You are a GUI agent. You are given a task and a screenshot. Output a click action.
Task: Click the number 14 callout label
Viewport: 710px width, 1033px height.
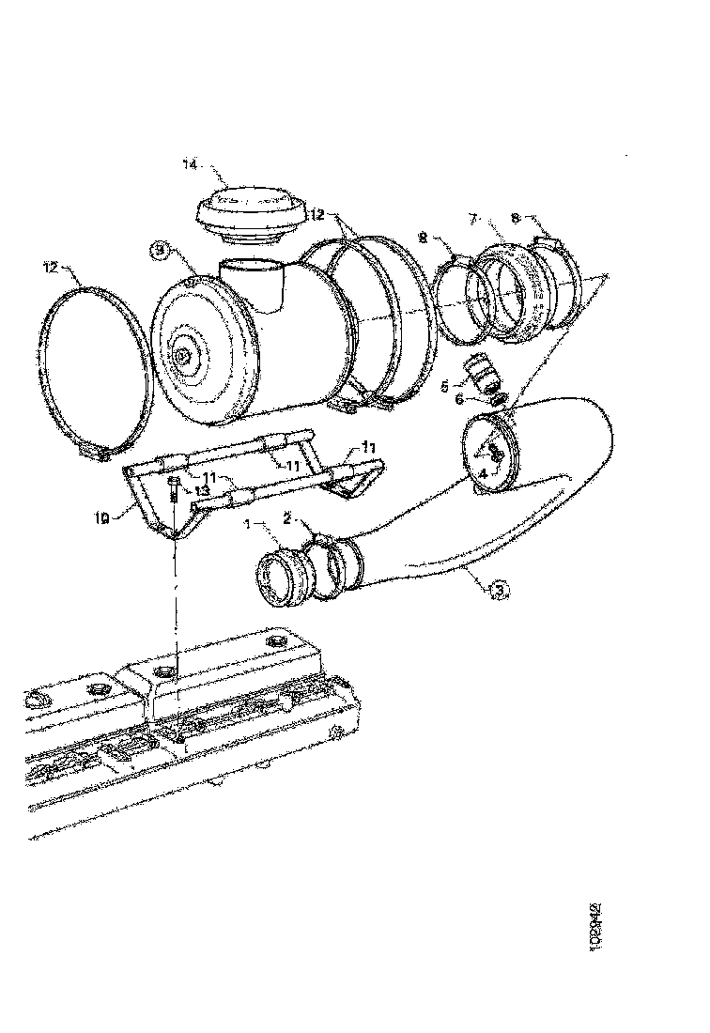(x=190, y=165)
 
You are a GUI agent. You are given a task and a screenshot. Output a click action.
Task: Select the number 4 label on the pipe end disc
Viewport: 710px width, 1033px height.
(x=483, y=475)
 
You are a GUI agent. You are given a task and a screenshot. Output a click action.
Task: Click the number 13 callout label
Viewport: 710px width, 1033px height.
(x=201, y=490)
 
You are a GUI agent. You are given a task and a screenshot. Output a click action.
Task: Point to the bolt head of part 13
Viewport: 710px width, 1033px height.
(x=176, y=480)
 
